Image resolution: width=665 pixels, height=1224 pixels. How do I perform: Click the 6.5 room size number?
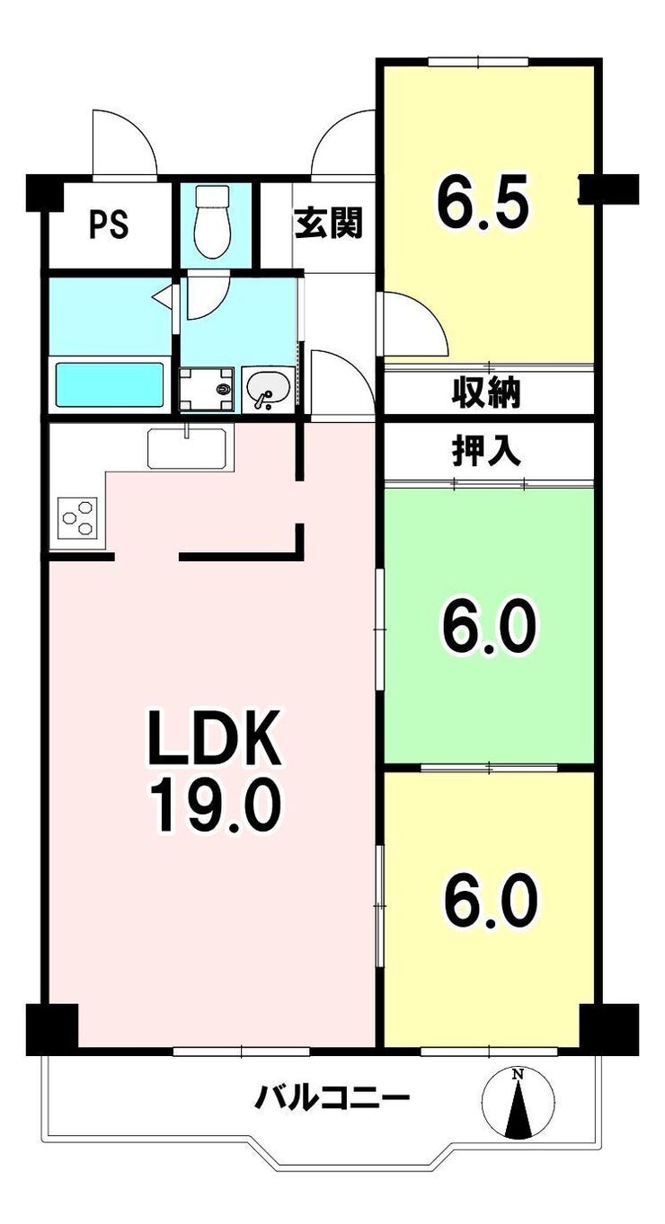(x=483, y=201)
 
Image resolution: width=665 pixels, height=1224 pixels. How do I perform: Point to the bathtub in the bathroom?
(x=110, y=384)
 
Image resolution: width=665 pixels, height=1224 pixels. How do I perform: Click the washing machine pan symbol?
(x=207, y=389)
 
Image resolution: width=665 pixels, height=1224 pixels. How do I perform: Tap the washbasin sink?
(x=268, y=389)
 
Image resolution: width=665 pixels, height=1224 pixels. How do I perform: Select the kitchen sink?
(x=188, y=448)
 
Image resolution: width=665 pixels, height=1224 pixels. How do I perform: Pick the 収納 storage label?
(x=485, y=392)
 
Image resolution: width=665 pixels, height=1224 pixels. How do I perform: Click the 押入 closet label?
(x=485, y=452)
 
